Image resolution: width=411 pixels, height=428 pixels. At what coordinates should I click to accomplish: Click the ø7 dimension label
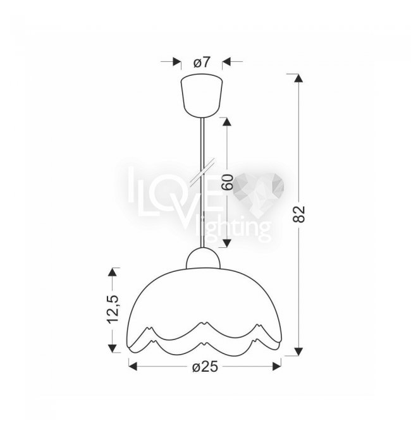202,62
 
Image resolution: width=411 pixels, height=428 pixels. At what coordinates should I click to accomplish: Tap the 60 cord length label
227,182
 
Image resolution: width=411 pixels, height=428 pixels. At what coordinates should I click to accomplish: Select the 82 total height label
299,214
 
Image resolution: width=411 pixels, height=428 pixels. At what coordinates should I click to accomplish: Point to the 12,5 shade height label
113,309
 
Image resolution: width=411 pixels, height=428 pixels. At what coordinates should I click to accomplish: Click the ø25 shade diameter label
205,367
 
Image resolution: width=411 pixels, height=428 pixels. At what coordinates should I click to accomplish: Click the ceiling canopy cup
202,97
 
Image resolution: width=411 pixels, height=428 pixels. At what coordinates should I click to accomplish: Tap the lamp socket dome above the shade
203,258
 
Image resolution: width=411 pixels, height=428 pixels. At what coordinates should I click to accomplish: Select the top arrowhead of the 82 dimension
298,78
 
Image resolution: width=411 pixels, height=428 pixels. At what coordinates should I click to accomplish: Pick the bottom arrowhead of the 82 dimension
298,352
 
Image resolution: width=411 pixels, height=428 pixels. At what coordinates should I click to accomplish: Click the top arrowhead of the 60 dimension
227,122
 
